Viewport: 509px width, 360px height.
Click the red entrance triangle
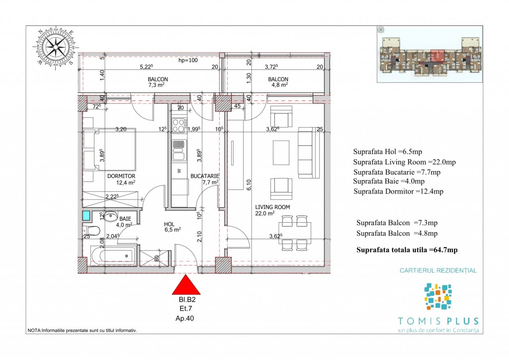pos(186,285)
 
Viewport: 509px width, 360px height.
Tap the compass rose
pos(56,47)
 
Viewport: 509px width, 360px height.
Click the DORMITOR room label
pos(121,176)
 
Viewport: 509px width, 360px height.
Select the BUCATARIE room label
pos(204,176)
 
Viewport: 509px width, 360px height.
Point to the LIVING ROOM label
pos(272,207)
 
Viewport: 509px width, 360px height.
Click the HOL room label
pos(169,224)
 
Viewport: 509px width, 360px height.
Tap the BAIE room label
pos(125,219)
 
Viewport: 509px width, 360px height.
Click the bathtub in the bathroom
pos(113,256)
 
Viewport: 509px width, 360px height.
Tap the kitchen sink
pos(179,150)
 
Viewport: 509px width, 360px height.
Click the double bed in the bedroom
pos(110,149)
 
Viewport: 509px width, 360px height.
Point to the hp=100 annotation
pos(188,60)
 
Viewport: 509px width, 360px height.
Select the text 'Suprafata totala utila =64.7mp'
pos(407,250)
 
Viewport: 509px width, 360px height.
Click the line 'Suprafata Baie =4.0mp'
pos(389,181)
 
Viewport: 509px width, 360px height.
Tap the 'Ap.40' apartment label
pos(185,318)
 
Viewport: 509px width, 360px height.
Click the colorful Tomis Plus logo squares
pos(438,296)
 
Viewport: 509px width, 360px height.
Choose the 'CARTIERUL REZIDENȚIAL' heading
pos(438,270)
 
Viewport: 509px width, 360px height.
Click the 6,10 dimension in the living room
pos(249,185)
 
